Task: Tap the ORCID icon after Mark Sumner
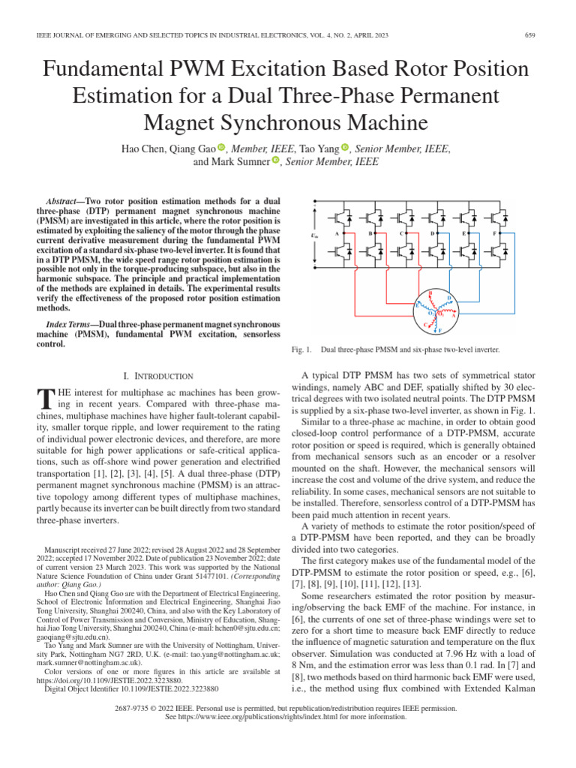click(275, 160)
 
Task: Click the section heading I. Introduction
click(157, 376)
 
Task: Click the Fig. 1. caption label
click(300, 350)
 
